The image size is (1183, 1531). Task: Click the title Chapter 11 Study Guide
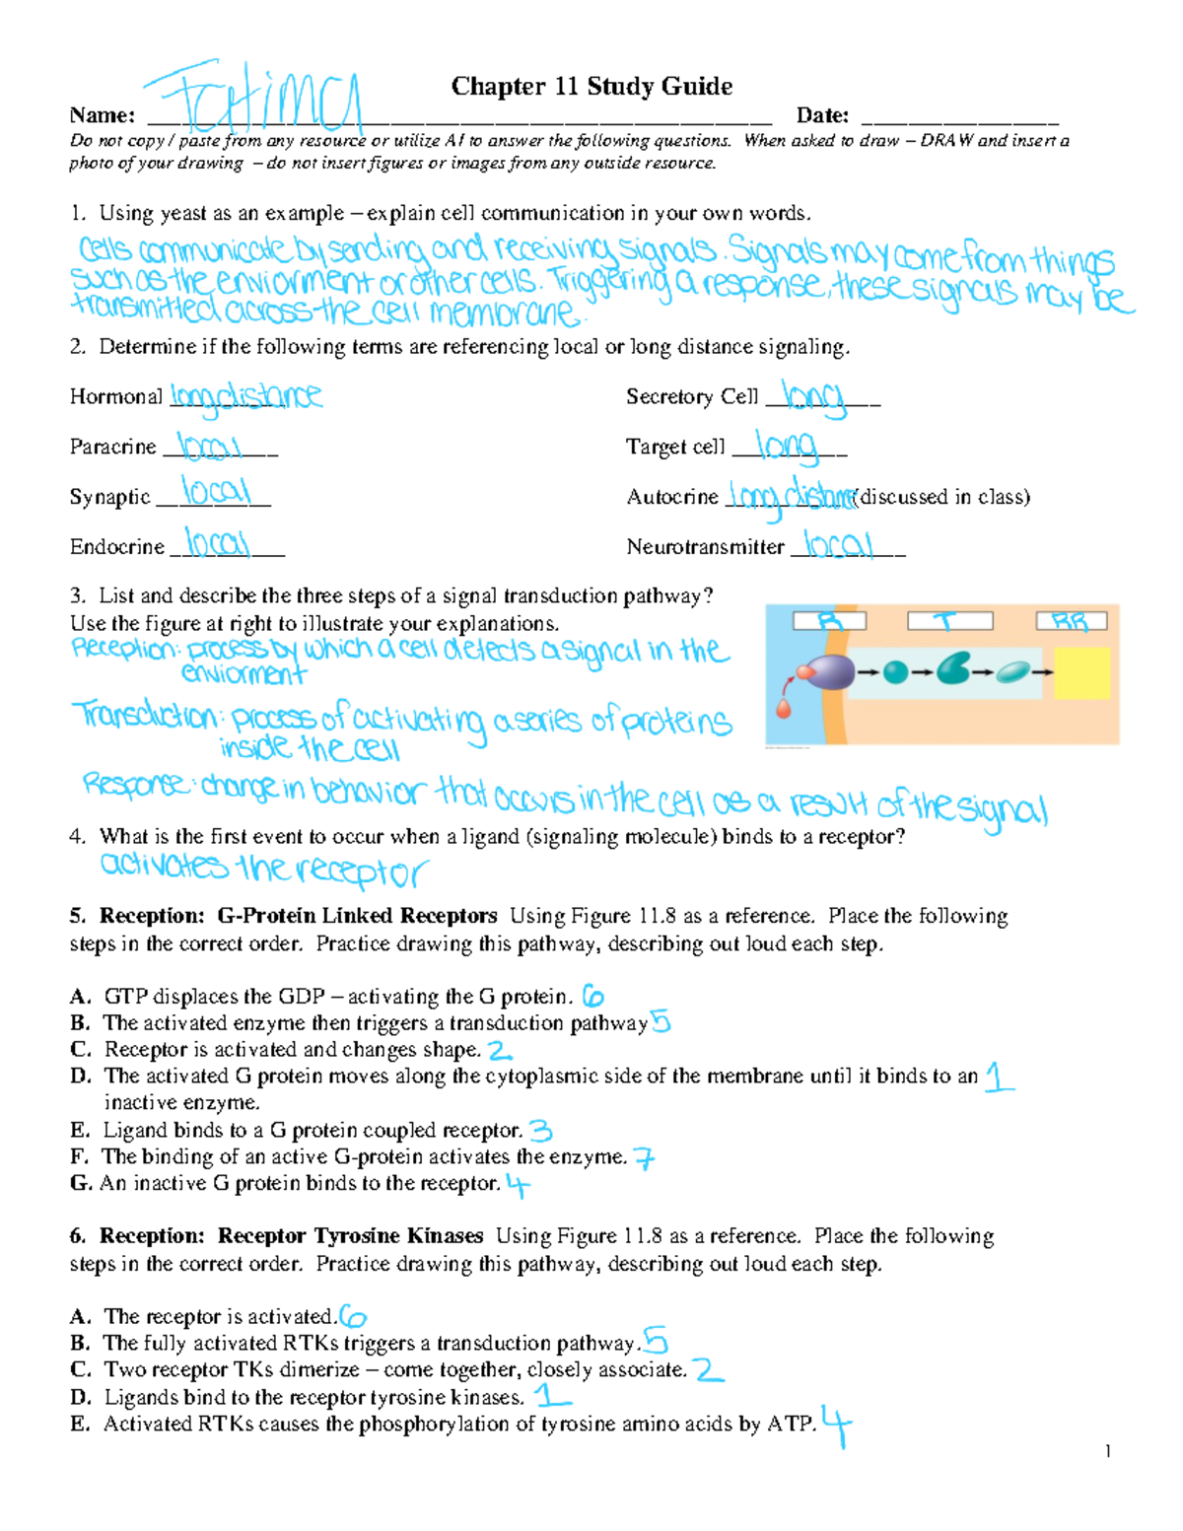pos(591,87)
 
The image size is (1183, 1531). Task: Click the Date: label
pos(822,116)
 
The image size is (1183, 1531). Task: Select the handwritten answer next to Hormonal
pos(245,396)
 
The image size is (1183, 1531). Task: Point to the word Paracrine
pos(112,447)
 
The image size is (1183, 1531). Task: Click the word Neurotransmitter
pos(705,547)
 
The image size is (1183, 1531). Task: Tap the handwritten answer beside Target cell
pos(788,447)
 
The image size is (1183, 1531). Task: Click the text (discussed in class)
pos(942,497)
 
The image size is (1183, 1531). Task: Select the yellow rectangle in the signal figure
pos(1081,673)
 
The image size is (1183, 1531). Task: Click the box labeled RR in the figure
pos(1071,621)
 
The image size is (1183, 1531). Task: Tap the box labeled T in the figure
pos(948,621)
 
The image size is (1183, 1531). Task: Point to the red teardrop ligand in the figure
pos(784,707)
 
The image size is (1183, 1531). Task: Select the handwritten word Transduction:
pos(146,716)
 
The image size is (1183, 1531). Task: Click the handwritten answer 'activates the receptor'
pos(263,869)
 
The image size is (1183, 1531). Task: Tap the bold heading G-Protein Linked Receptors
pos(357,916)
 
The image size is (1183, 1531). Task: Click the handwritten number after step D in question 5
pos(998,1077)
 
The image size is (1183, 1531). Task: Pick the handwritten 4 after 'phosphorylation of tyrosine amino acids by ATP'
pos(836,1426)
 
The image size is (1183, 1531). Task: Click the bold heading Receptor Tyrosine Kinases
pos(350,1236)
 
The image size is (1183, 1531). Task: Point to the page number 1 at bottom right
pos(1108,1451)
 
